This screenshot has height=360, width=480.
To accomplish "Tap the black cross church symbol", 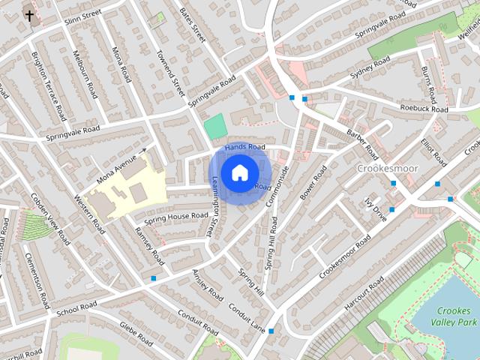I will point(29,15).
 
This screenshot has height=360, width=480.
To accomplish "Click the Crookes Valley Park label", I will point(454,316).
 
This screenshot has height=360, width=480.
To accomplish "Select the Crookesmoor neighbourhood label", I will point(387,169).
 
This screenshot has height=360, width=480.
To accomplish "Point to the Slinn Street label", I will point(82,19).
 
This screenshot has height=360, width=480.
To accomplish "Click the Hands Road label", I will point(245,147).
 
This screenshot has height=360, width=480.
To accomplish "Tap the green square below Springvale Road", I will point(215,126).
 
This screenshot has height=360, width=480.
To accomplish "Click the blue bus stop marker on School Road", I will point(154,278).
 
